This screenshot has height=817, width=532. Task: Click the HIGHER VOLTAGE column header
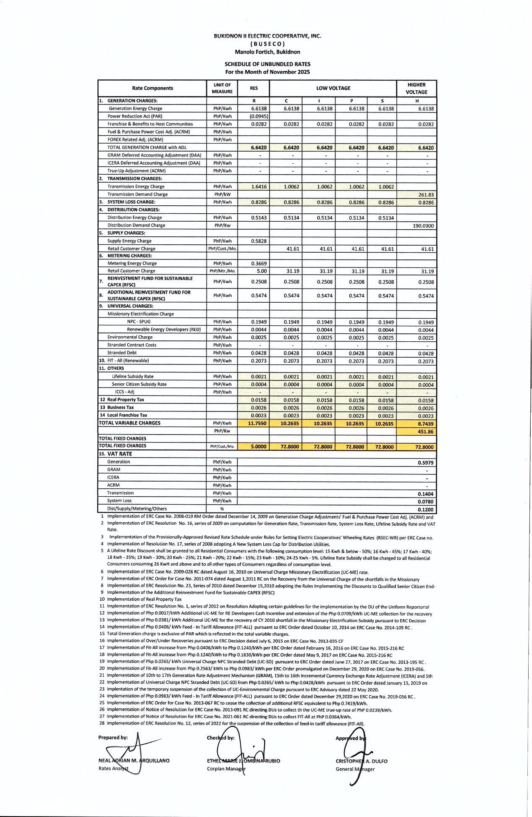[x=416, y=88]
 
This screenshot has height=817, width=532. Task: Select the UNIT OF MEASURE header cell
[x=222, y=88]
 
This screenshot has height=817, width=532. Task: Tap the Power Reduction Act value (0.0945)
[x=259, y=116]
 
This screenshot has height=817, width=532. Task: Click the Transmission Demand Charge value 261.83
[x=426, y=195]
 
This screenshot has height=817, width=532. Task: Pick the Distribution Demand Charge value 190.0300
[x=423, y=226]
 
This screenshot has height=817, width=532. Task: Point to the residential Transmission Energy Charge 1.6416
[x=259, y=187]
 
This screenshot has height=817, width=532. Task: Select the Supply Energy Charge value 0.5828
[x=259, y=241]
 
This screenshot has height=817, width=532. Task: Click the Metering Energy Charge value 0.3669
[x=259, y=264]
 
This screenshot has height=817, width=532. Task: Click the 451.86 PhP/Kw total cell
[x=425, y=432]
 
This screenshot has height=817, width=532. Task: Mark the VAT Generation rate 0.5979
[x=425, y=463]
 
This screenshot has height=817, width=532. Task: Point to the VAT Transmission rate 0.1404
[x=425, y=494]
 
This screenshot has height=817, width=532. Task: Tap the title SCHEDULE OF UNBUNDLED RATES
[x=267, y=64]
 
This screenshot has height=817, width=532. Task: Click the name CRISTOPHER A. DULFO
[x=362, y=761]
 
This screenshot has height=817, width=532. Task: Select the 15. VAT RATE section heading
[x=115, y=454]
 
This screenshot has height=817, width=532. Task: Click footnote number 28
[x=102, y=723]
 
